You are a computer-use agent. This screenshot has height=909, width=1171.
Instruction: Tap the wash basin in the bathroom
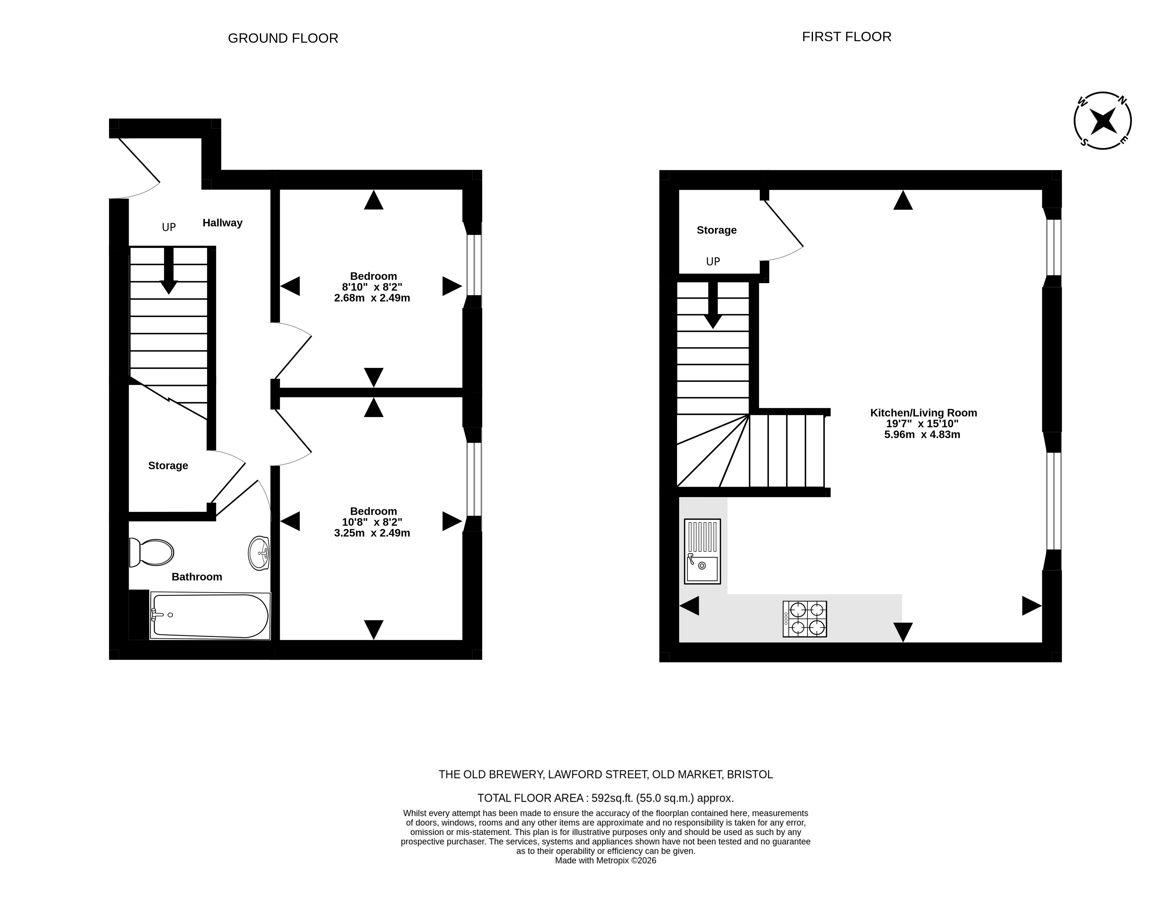pyautogui.click(x=259, y=553)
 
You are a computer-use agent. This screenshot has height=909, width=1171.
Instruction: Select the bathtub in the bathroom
pyautogui.click(x=210, y=616)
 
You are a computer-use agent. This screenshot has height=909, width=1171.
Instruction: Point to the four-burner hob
pyautogui.click(x=805, y=619)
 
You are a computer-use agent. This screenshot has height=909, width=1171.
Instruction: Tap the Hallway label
pyautogui.click(x=222, y=222)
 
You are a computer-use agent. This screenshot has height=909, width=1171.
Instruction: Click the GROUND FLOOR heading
pyautogui.click(x=283, y=38)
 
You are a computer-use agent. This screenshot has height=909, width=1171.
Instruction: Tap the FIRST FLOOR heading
pyautogui.click(x=847, y=36)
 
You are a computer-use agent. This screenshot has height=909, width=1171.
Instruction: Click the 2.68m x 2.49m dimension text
pyautogui.click(x=372, y=298)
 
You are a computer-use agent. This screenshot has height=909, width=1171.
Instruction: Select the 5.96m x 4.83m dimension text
pyautogui.click(x=922, y=434)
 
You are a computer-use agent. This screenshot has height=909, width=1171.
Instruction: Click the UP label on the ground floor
pyautogui.click(x=169, y=227)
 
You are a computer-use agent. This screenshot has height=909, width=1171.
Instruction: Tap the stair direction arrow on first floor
pyautogui.click(x=713, y=305)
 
